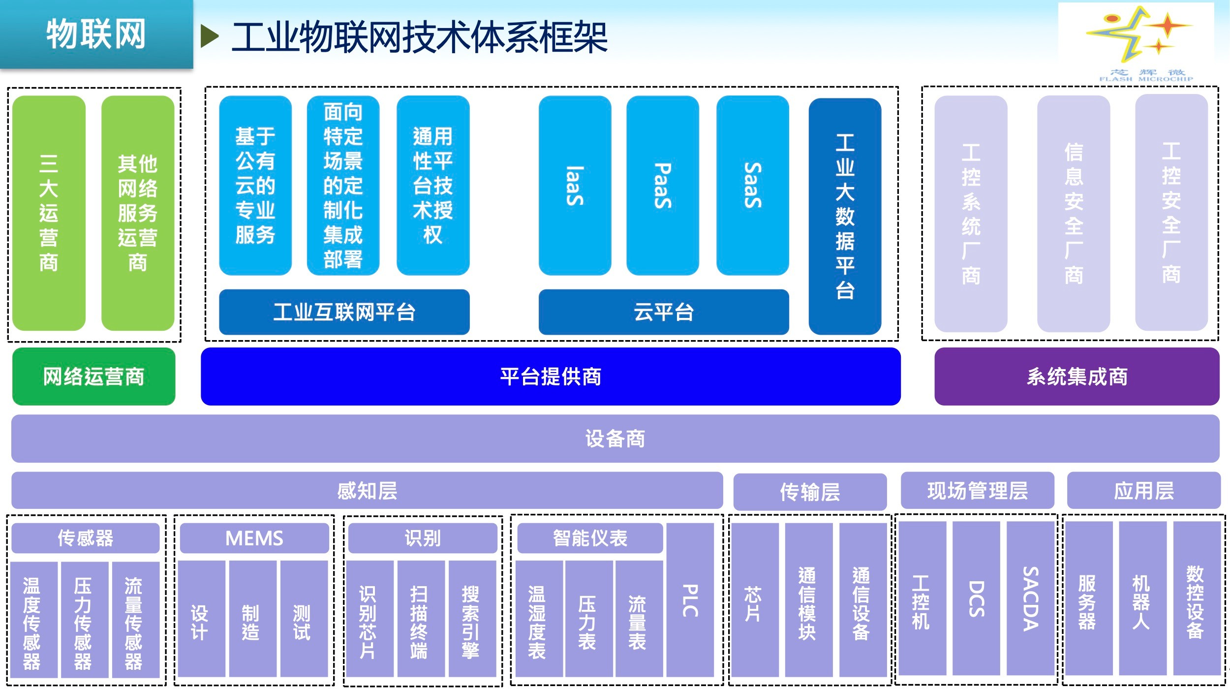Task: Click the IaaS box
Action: coord(575,185)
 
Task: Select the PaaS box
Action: coord(662,185)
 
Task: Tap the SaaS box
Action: coord(752,185)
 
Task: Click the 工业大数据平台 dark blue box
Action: coord(845,216)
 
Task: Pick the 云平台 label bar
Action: coord(663,312)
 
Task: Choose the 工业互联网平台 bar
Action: coord(344,312)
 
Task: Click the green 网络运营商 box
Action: coord(93,377)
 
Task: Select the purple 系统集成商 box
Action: coord(1076,377)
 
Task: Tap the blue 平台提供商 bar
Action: coord(551,377)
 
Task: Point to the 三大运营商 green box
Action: coord(49,213)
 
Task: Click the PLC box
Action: coord(690,599)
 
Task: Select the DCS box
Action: coord(976,598)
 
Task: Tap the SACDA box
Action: coord(1030,598)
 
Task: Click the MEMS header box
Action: coord(254,538)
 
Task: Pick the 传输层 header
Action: coord(810,492)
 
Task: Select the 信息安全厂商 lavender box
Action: coord(1073,214)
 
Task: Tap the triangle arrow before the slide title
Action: coord(209,36)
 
